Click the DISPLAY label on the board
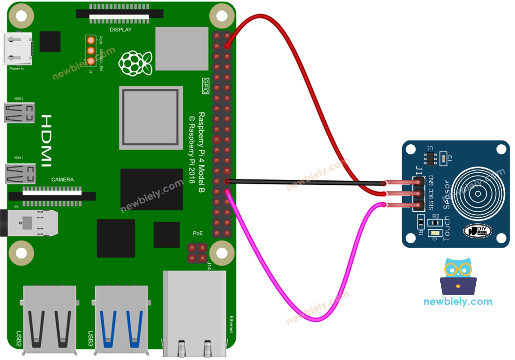coord(121,30)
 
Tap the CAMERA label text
coord(62,179)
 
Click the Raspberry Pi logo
coord(135,63)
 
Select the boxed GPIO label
coord(205,86)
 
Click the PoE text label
coord(198,233)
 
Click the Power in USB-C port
coord(18,49)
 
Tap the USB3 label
coord(90,338)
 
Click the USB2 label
coord(19,338)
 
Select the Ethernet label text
coord(231,324)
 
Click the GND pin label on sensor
coord(431,180)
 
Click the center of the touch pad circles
coord(478,193)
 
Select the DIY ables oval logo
coord(477,231)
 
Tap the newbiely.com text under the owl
coord(458,301)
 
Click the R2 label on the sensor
coord(436,216)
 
